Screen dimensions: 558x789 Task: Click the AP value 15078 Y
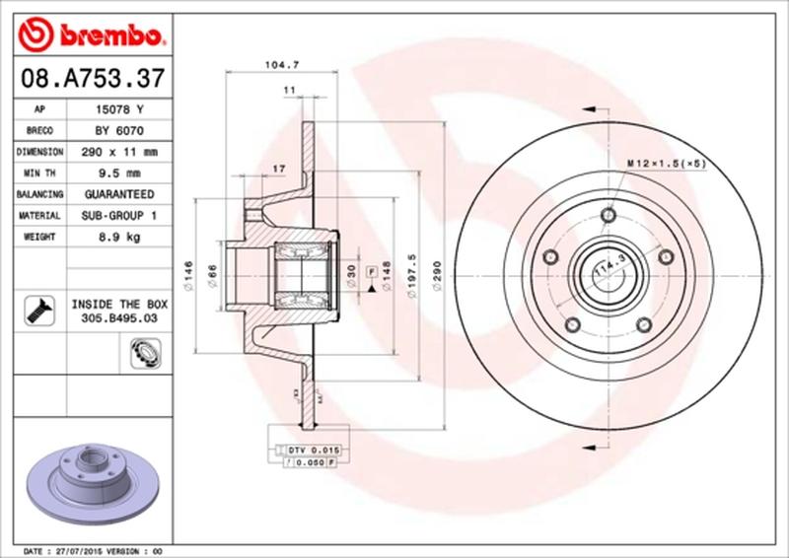pos(114,109)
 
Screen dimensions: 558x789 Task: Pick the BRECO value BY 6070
pos(114,130)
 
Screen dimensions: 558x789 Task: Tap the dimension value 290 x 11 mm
pos(114,152)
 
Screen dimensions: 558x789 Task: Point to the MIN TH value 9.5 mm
pos(114,174)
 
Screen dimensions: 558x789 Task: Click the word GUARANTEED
pos(114,194)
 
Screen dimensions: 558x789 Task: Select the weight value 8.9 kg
pos(114,237)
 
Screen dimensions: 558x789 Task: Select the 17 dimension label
pos(279,169)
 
